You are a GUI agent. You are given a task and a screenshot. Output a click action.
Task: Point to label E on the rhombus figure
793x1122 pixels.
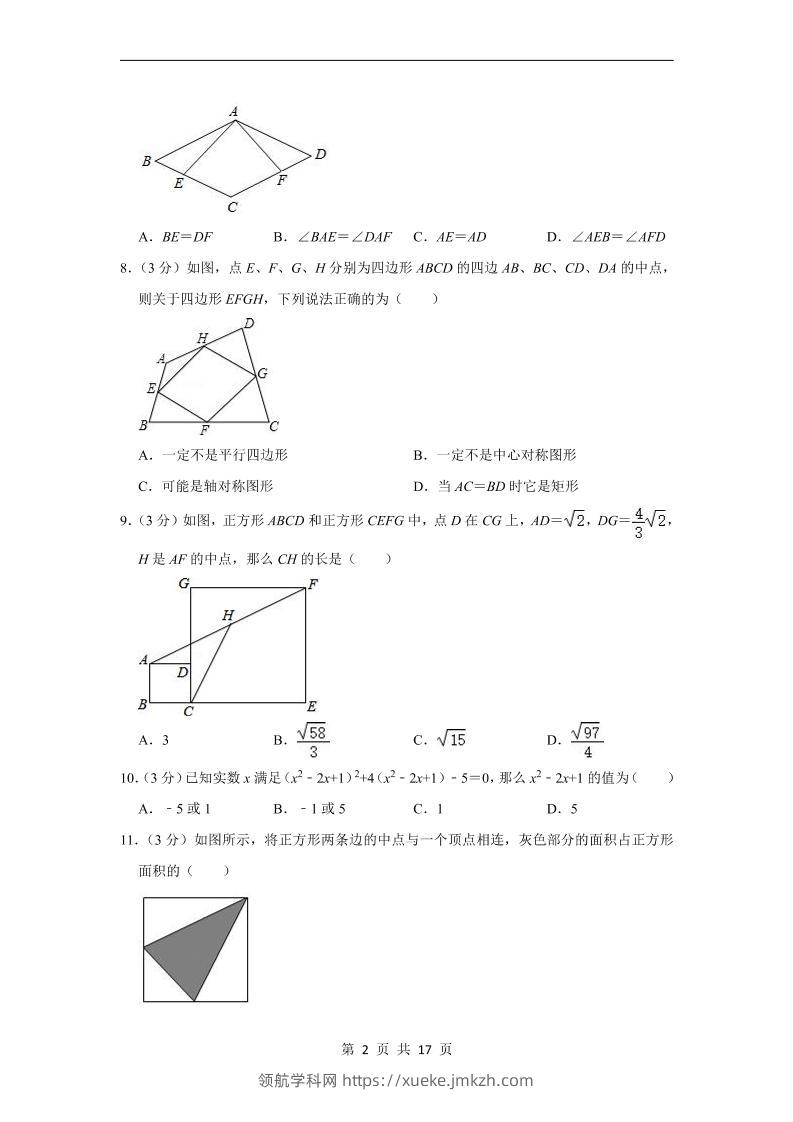coord(178,183)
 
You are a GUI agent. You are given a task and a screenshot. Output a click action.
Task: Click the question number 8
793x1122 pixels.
coord(123,267)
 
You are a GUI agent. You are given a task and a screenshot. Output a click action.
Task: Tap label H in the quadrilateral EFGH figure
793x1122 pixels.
coord(202,338)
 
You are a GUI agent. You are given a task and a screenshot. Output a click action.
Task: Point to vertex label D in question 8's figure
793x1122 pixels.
coord(249,322)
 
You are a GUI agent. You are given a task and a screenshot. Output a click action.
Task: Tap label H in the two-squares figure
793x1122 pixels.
coord(227,616)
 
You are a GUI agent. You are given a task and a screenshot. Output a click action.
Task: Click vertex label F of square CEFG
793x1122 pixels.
coord(312,584)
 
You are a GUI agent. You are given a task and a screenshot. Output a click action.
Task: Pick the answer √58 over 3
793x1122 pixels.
coord(313,740)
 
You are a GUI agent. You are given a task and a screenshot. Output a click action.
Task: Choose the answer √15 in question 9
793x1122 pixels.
coord(451,740)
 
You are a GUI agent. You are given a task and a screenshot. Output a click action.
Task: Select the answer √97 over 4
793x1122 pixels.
coord(587,740)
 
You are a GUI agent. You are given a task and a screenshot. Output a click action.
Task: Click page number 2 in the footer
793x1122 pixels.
coord(365,1049)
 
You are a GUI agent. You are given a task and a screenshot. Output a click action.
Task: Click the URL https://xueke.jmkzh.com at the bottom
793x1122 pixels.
coord(438,1080)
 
